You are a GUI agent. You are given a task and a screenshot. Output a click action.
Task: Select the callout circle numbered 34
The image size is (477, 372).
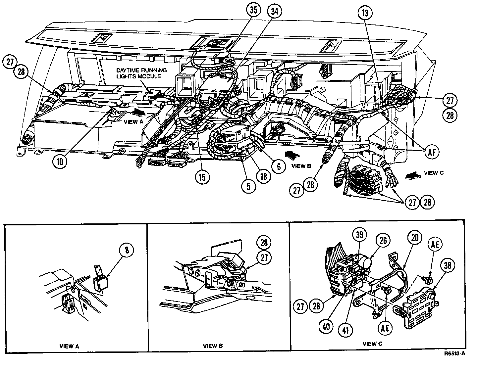[x=275, y=12]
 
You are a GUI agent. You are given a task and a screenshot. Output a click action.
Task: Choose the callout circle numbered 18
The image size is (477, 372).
[x=264, y=176]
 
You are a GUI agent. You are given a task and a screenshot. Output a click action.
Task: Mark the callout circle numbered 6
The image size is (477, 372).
[x=279, y=167]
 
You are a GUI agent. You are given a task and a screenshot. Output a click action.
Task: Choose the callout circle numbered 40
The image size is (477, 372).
[x=327, y=326]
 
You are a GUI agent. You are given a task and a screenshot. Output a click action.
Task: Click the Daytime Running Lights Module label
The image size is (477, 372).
[x=141, y=73]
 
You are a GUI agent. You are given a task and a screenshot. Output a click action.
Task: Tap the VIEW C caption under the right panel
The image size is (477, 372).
[x=372, y=344]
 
